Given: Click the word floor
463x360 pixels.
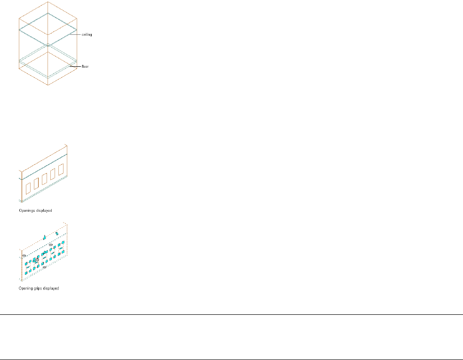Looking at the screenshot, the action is click(85, 66).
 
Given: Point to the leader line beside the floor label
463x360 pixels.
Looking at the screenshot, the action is click(75, 66).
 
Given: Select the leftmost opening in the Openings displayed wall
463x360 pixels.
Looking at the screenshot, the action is click(28, 188).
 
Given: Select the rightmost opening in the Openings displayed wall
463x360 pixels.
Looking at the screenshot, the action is click(60, 171).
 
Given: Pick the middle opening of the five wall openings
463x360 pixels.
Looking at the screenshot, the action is click(44, 180).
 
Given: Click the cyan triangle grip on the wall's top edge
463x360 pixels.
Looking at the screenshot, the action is click(45, 238).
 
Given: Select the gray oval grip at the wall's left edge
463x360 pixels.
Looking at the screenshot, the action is click(24, 256).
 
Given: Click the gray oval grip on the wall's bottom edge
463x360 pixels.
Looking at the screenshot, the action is click(44, 267).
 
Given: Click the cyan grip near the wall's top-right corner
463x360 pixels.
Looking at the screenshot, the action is click(57, 233).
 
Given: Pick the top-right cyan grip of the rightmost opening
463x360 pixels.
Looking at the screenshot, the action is click(64, 242).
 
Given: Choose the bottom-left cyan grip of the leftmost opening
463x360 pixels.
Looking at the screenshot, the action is click(26, 273).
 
